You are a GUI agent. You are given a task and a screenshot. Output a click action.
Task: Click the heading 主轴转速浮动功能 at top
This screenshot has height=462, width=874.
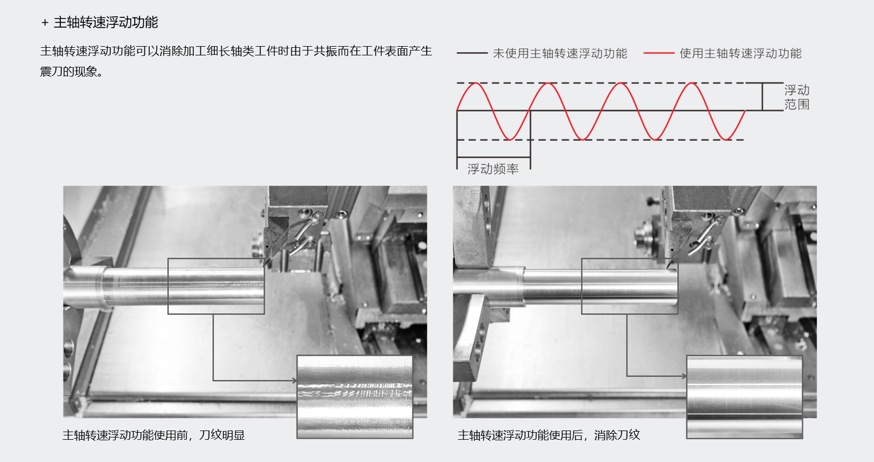coord(106,22)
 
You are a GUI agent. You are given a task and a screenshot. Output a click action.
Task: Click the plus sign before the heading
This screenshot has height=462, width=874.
coord(45,23)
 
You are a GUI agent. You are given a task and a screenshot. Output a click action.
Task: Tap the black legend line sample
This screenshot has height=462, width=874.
coord(472,53)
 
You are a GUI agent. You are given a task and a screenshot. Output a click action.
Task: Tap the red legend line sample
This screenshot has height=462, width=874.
coord(658,53)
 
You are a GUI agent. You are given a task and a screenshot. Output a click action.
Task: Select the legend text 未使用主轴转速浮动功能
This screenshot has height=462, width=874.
coord(560,53)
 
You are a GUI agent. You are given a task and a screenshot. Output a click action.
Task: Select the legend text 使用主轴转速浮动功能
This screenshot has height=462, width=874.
coord(740,53)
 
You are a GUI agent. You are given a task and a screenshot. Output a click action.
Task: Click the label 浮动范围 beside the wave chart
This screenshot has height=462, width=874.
coord(797,97)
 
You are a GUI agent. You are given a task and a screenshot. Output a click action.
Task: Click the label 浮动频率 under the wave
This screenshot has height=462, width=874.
coord(493,169)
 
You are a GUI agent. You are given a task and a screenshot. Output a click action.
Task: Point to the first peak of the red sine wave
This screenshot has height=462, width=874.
coord(476,83)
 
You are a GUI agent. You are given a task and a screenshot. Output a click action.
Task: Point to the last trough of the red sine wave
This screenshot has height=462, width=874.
coord(726,139)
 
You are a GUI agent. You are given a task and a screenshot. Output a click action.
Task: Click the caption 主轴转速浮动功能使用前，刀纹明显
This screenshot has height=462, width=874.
coord(153,435)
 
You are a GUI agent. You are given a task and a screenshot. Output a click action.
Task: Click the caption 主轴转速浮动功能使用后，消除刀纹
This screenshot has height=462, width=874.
coord(549,435)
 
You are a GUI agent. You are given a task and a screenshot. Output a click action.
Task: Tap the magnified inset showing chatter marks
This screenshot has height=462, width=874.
coord(354,397)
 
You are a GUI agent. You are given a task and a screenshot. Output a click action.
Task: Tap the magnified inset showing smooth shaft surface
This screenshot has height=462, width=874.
coord(744,397)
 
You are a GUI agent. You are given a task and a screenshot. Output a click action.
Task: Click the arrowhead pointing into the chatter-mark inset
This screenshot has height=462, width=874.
coord(295,381)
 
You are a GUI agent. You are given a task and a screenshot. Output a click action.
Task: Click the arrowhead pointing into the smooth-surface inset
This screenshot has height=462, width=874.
coord(685,376)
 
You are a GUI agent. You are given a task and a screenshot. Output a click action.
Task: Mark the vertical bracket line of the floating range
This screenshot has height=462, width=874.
coord(762,97)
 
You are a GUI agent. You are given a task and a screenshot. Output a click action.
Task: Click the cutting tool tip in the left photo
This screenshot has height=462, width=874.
coord(265,264)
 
